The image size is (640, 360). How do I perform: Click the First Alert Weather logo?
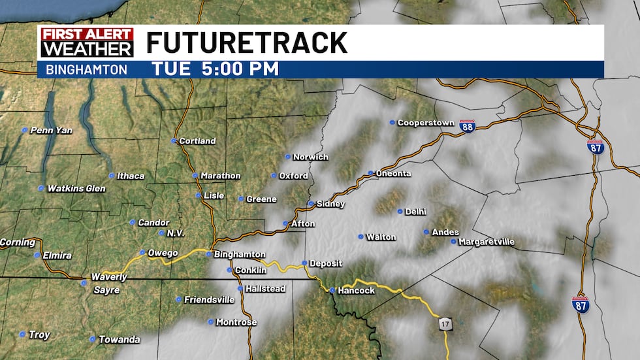pos(87,42)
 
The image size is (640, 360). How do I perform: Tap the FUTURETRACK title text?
pos(246,43)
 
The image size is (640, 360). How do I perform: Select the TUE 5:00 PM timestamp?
pos(216,69)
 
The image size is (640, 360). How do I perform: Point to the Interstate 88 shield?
pos(467,126)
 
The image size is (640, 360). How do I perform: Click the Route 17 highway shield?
pos(444,323)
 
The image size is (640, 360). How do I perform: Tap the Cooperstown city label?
pos(425,123)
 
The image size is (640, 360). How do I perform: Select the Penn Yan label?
pos(52,131)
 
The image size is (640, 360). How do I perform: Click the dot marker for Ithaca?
pos(112,175)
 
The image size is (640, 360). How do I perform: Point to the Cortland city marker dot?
pos(174,140)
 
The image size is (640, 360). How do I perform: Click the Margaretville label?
pos(487,242)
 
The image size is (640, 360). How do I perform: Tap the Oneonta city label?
pos(394,174)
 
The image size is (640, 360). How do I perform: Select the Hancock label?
pos(357,291)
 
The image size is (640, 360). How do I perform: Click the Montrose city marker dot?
pos(210,321)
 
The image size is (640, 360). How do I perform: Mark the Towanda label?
pos(119,340)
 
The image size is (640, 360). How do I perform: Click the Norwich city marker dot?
pos(287,157)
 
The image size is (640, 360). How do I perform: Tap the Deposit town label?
pos(326,264)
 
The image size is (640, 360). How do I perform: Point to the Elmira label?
pos(57,255)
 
